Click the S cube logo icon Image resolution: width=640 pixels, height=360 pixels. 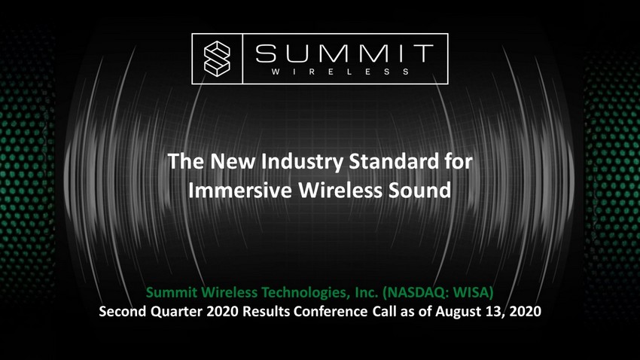coord(217,59)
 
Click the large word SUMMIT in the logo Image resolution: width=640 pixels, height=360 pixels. coord(344,53)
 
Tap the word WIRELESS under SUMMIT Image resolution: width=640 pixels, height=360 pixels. coord(340,72)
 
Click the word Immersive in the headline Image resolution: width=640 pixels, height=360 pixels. coord(240,191)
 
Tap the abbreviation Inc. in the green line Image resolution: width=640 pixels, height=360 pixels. coord(367,292)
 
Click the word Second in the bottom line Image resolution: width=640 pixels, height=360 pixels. coord(123,312)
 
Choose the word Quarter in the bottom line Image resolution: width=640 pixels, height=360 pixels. coord(177,312)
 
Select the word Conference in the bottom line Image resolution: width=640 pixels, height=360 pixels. coord(331,312)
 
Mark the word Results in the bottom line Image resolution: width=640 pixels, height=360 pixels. coord(266,312)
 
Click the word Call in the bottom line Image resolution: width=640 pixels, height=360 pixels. coord(384,312)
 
